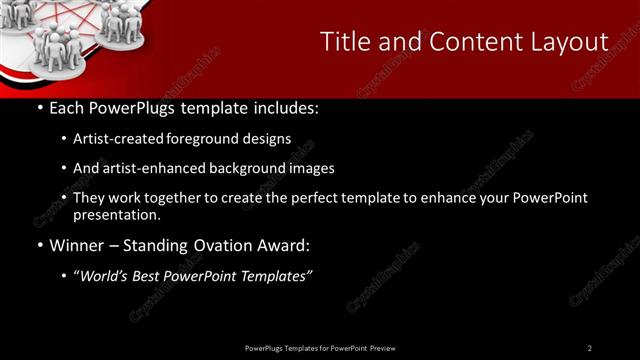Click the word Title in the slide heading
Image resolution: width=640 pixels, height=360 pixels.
[343, 41]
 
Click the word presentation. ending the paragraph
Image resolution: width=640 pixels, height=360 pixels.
[117, 214]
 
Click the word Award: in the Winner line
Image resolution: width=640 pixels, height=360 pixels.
[286, 245]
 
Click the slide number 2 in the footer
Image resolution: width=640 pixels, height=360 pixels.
[590, 348]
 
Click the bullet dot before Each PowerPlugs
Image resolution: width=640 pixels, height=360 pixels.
[39, 108]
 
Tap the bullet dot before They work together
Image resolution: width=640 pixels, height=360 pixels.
[64, 199]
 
